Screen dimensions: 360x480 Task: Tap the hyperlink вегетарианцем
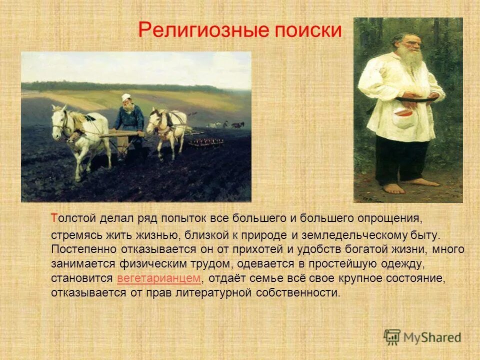pyautogui.click(x=159, y=278)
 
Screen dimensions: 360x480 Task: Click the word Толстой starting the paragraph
pyautogui.click(x=74, y=218)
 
